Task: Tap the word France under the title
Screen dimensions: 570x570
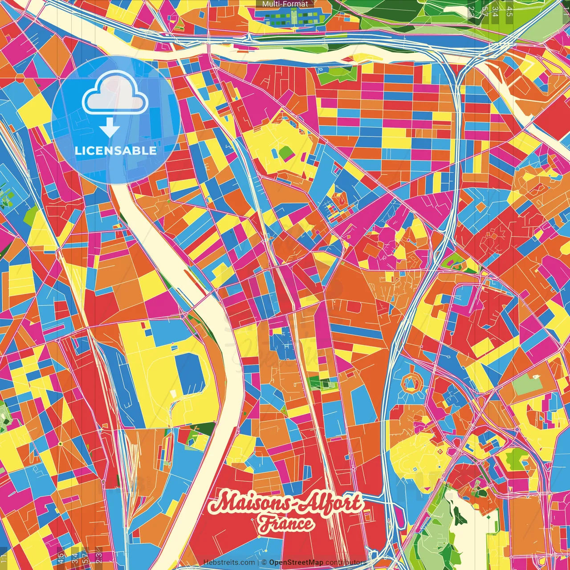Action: (x=286, y=524)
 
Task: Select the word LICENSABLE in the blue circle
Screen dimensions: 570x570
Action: (x=115, y=151)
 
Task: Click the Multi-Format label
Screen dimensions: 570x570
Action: (x=285, y=4)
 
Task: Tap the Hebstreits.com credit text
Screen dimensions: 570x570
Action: (x=229, y=562)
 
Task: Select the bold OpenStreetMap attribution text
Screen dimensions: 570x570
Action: (x=296, y=562)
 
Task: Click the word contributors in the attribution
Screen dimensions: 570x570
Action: (x=346, y=562)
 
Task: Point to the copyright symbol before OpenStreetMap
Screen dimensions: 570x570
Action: (x=264, y=562)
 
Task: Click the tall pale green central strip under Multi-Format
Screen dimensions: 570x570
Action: (x=294, y=17)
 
